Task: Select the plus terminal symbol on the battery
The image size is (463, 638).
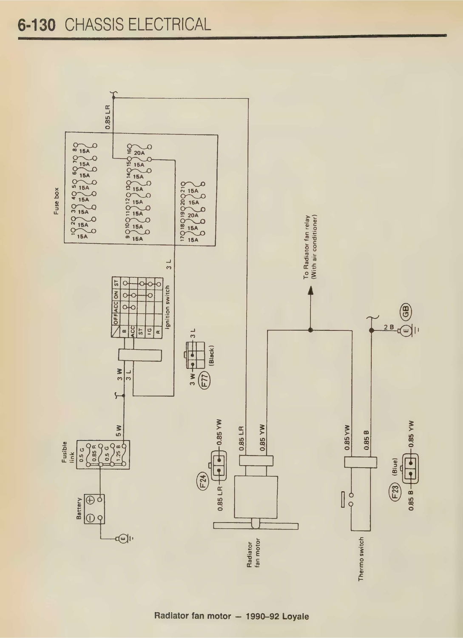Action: coord(90,500)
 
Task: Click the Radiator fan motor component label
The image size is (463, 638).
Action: coord(253,553)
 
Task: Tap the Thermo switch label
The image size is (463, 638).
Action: coord(361,559)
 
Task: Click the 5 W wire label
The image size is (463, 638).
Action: coord(119,430)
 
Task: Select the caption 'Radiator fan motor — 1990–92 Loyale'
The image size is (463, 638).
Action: coord(231,616)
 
